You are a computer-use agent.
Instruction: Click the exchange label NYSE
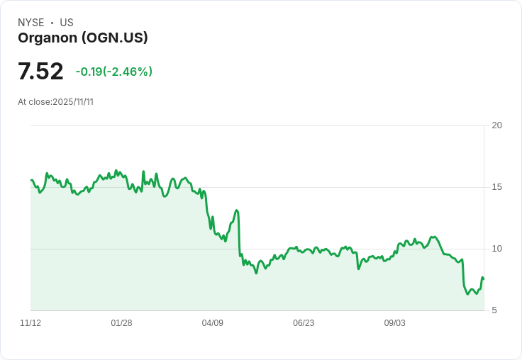coord(31,23)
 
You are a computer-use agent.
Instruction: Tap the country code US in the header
coord(67,23)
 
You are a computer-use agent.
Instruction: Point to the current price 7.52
coord(40,71)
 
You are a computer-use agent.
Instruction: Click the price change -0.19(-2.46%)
coord(113,72)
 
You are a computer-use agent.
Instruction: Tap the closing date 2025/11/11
coord(73,102)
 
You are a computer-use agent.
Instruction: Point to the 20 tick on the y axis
coord(497,125)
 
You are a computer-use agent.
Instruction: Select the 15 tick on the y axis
coord(497,187)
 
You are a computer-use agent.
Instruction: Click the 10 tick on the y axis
coord(497,249)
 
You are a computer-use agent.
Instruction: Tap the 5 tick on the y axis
coord(497,310)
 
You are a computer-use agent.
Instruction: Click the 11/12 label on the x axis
coord(30,323)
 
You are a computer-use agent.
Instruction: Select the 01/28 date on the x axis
coord(121,323)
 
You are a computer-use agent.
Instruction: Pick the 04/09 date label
coord(212,323)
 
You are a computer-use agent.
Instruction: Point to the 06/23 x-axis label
coord(304,323)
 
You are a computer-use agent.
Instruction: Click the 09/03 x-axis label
coord(394,323)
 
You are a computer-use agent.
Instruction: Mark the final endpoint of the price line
coord(483,279)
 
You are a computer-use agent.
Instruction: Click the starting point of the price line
coord(31,180)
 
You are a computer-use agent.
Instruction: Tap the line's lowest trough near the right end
coord(467,294)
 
